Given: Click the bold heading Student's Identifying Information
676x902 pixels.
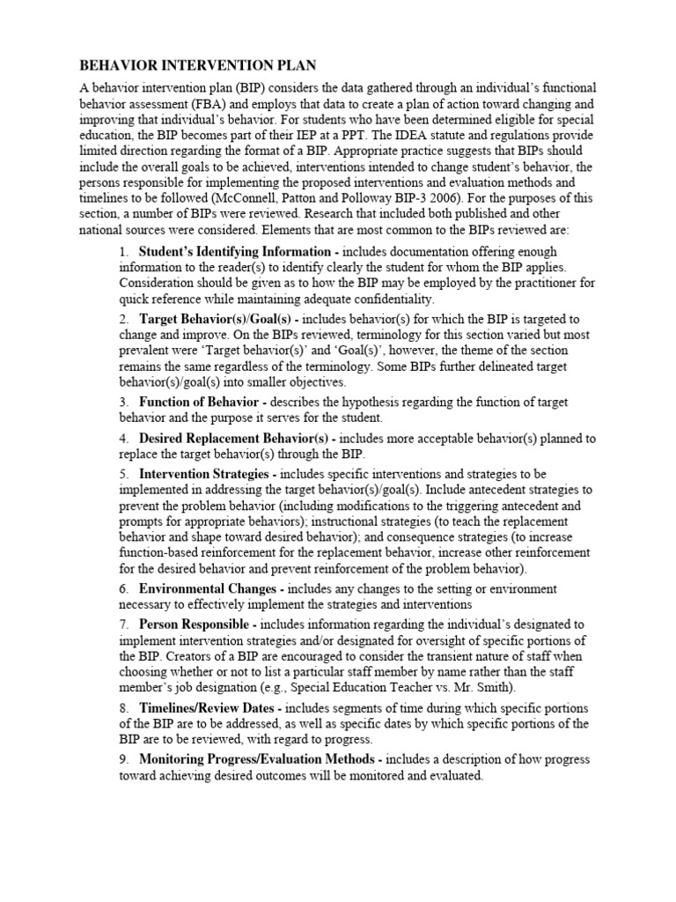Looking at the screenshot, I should pyautogui.click(x=235, y=252).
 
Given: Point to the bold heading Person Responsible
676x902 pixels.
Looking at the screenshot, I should pyautogui.click(x=196, y=624).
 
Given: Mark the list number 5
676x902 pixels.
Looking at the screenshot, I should pyautogui.click(x=123, y=474).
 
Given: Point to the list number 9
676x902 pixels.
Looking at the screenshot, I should pyautogui.click(x=123, y=759).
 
